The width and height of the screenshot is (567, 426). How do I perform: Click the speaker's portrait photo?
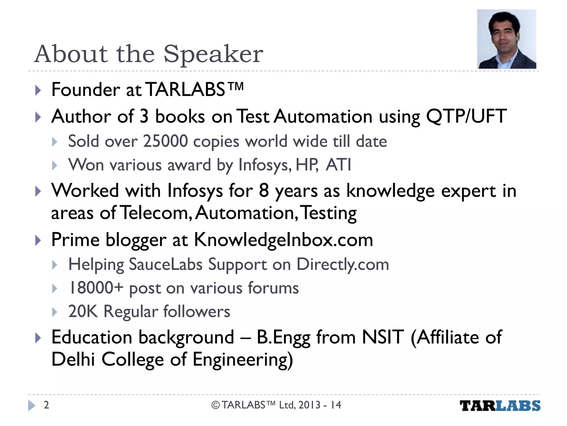click(x=506, y=39)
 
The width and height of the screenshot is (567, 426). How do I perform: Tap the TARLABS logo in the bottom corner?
click(x=500, y=406)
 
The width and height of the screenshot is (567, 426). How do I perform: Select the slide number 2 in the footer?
click(x=47, y=405)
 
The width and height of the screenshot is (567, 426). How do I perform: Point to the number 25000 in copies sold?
click(x=165, y=141)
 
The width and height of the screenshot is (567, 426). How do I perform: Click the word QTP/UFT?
click(x=466, y=116)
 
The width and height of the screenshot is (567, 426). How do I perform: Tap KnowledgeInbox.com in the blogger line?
click(x=283, y=240)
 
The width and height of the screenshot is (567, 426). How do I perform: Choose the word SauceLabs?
click(x=166, y=264)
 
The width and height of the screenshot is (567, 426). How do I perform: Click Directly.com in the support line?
click(x=342, y=264)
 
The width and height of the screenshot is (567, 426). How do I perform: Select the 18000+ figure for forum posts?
click(x=96, y=288)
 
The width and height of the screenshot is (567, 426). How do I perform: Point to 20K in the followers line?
click(x=83, y=311)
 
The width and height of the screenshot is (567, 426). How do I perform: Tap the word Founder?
click(x=86, y=90)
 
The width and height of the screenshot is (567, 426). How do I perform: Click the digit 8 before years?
click(x=264, y=191)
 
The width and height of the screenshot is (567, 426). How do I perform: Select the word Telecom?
click(x=156, y=213)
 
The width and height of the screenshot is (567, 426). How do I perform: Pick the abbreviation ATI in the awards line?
click(x=338, y=165)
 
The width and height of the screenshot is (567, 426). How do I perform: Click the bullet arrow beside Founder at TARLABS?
click(x=38, y=90)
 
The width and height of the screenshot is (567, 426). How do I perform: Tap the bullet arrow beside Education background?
click(x=38, y=338)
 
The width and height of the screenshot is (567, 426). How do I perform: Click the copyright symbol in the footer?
click(x=215, y=405)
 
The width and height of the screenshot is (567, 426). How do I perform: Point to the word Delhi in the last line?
click(x=73, y=359)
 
